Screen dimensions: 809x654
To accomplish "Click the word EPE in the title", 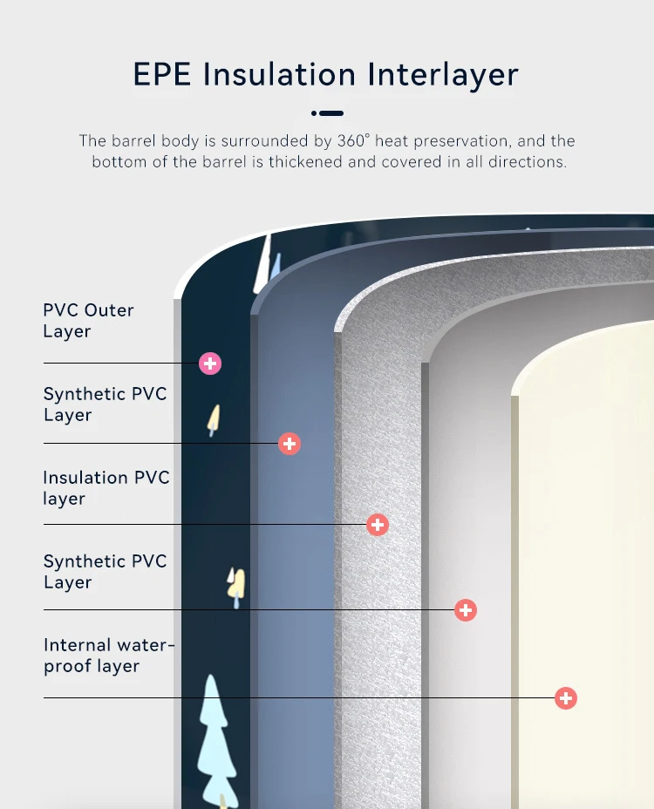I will pyautogui.click(x=162, y=74).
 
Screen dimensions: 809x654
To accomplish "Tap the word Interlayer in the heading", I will pyautogui.click(x=443, y=74).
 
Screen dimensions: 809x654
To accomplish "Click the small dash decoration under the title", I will pyautogui.click(x=327, y=113).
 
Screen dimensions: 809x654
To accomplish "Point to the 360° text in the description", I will pyautogui.click(x=354, y=141).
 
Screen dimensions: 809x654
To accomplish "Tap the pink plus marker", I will pyautogui.click(x=210, y=364).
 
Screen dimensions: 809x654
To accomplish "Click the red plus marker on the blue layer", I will pyautogui.click(x=290, y=444).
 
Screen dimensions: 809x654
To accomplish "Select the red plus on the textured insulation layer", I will pyautogui.click(x=377, y=525).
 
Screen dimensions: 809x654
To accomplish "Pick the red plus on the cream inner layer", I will pyautogui.click(x=566, y=698).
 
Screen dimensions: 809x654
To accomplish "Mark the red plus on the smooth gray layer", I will pyautogui.click(x=466, y=610).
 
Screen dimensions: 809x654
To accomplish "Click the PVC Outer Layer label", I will pyautogui.click(x=88, y=321).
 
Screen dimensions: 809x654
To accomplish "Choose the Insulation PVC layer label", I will pyautogui.click(x=106, y=488).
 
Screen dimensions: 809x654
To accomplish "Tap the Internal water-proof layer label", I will pyautogui.click(x=109, y=656).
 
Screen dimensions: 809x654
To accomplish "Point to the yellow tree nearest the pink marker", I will pyautogui.click(x=213, y=420).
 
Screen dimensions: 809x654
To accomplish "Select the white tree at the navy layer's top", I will pyautogui.click(x=262, y=265).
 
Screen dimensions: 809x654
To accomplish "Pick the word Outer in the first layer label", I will pyautogui.click(x=110, y=310).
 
